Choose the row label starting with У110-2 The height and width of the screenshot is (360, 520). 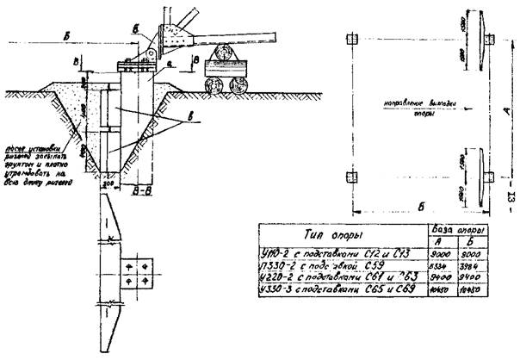tap(338, 253)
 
